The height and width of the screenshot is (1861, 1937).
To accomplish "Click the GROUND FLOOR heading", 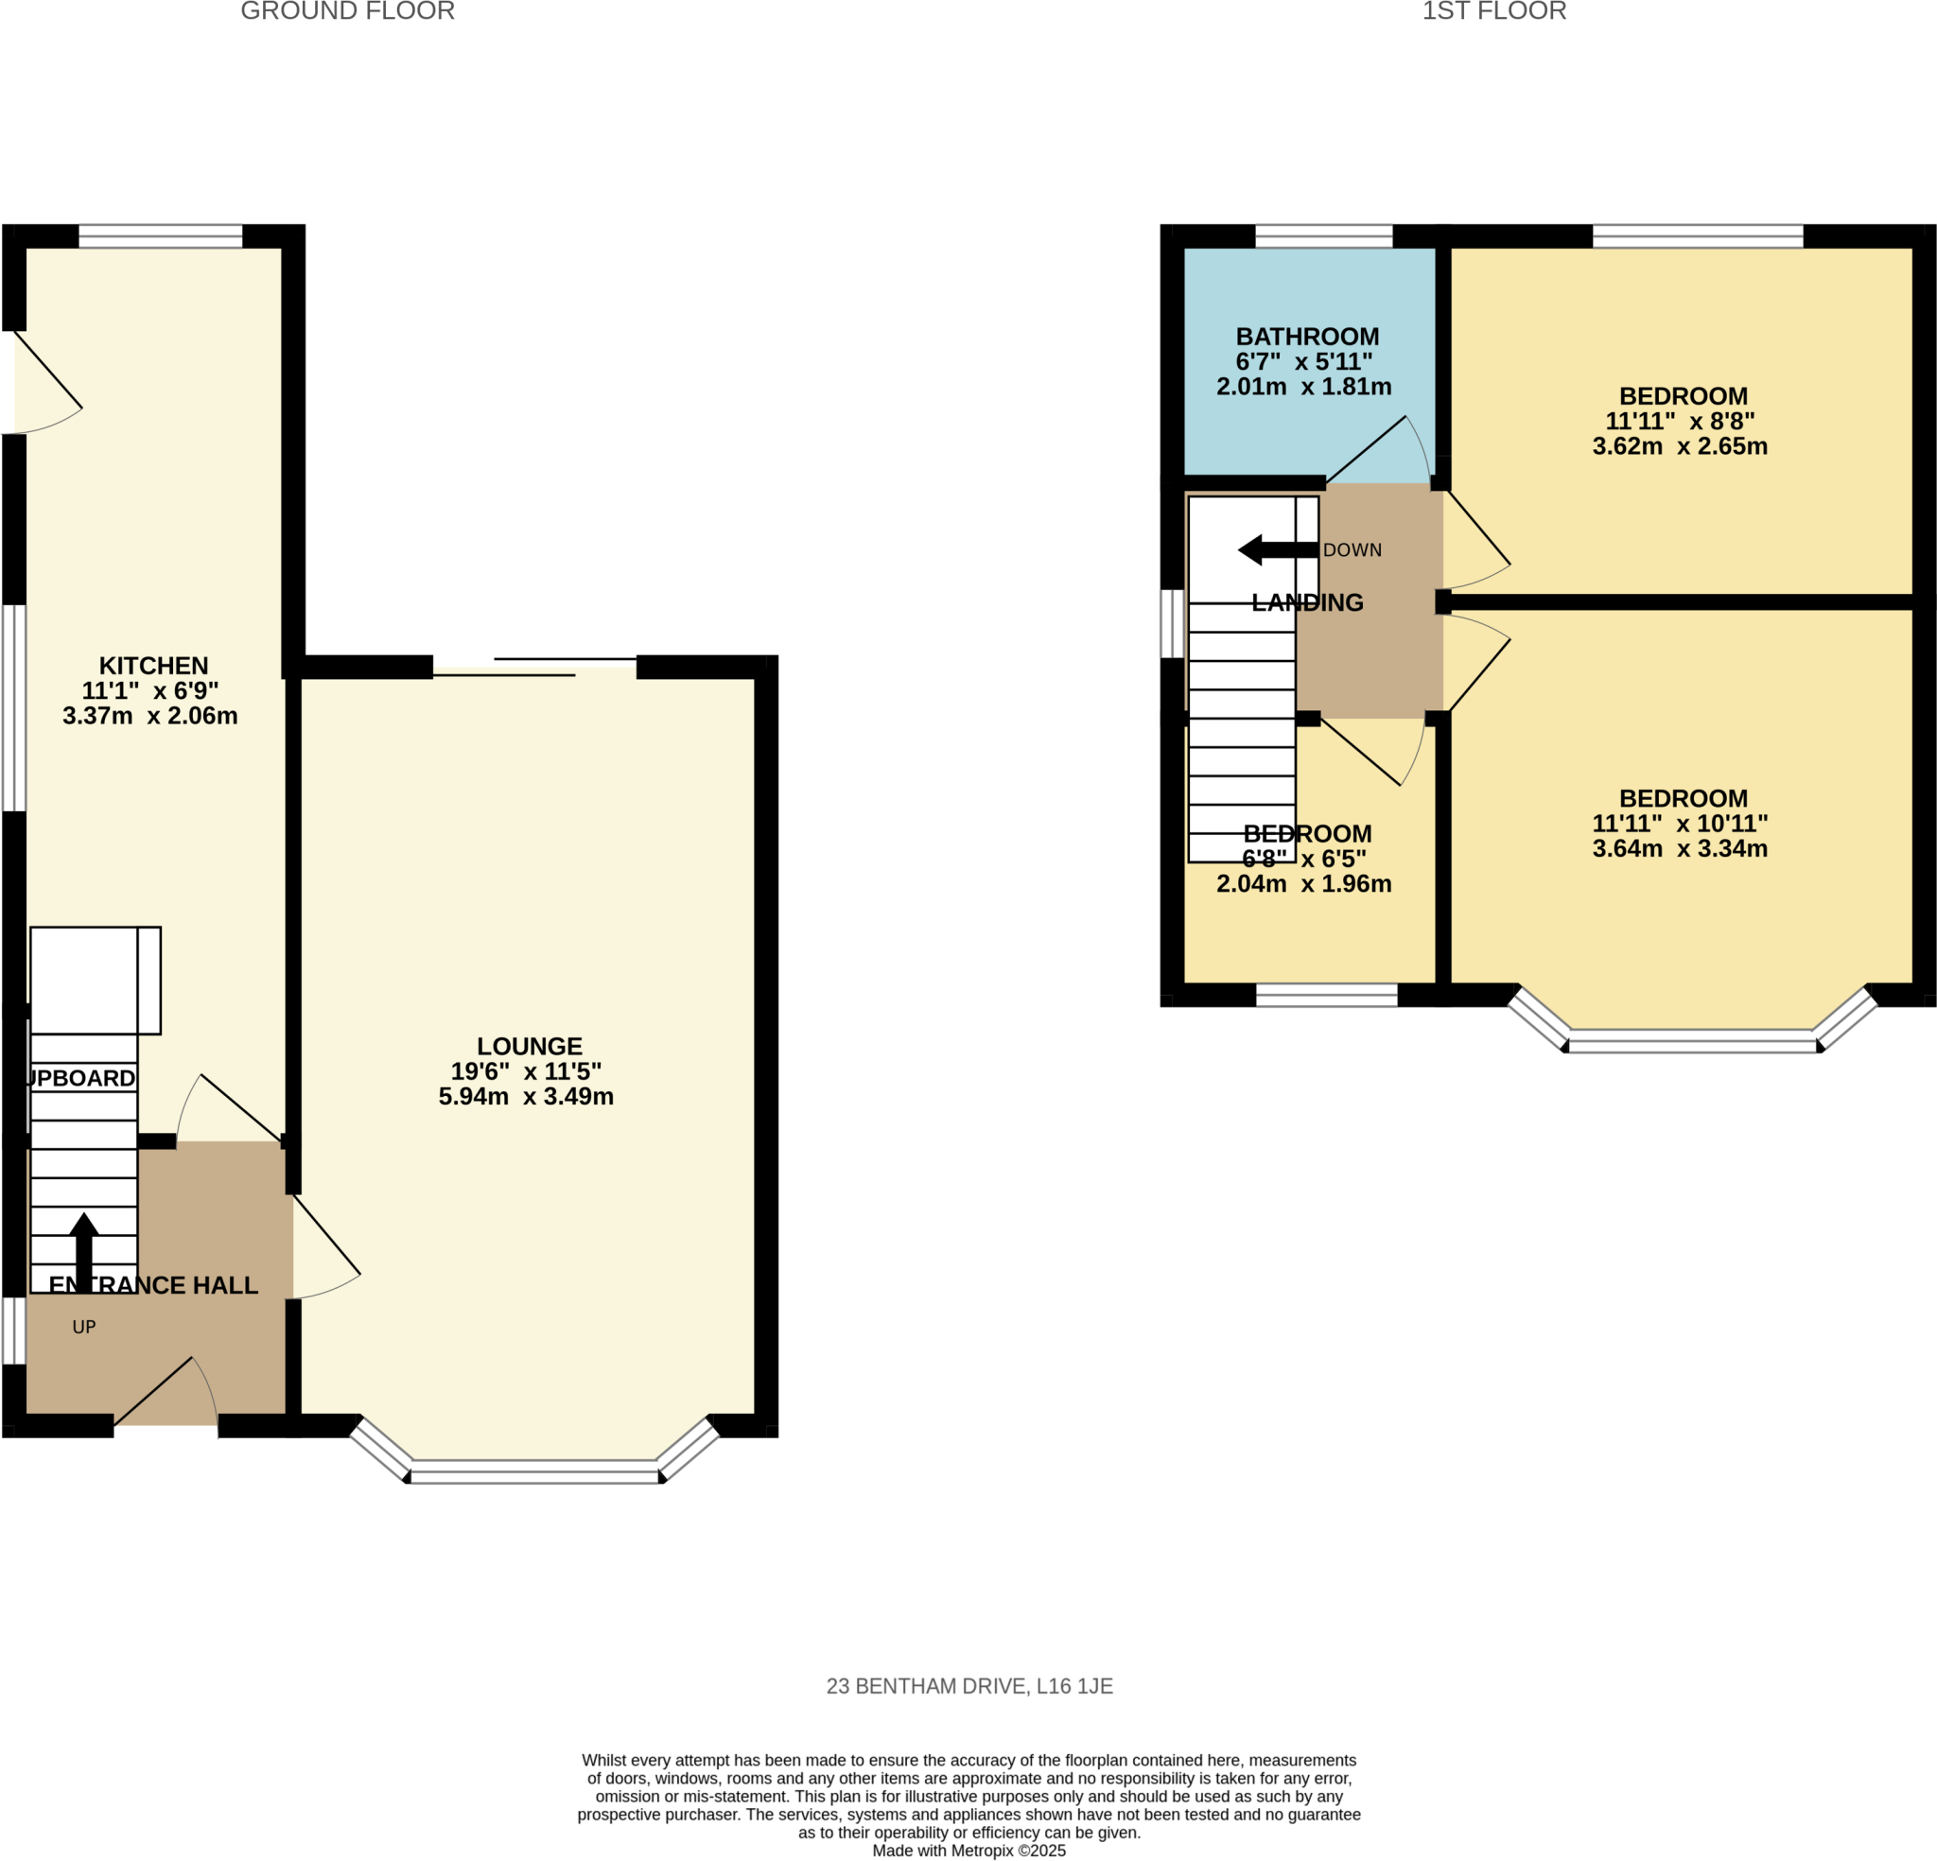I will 347,12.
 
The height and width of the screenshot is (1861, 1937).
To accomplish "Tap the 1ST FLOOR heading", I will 1493,12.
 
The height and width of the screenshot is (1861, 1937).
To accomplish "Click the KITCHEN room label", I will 153,665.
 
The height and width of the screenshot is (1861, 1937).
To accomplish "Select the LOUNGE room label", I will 529,1046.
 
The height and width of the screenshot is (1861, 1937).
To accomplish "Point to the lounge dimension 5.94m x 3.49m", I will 526,1096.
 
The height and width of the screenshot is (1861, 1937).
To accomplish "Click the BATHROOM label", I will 1306,337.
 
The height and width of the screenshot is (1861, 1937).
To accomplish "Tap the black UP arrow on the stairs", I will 84,1250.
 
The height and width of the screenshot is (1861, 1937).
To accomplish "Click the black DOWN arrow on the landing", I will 1276,549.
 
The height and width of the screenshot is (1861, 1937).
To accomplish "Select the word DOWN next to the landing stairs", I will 1352,550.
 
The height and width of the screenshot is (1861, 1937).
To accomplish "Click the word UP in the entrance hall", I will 84,1328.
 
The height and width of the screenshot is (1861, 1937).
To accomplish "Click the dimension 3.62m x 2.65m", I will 1679,446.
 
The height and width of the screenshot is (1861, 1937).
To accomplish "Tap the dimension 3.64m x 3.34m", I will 1679,849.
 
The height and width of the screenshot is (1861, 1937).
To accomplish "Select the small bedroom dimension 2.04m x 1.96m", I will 1302,884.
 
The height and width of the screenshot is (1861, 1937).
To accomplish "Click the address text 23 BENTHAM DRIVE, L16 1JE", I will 968,1686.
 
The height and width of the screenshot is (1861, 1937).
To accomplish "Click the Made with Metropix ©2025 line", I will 968,1852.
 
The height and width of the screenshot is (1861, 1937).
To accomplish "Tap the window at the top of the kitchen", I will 160,236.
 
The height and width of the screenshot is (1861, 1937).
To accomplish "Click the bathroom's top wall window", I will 1322,236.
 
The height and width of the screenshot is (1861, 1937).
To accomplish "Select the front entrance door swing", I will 166,1395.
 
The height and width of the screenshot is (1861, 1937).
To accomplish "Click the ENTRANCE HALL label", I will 153,1285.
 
